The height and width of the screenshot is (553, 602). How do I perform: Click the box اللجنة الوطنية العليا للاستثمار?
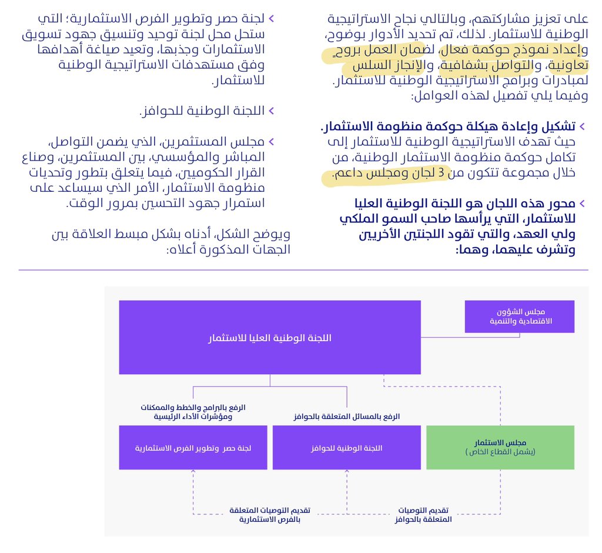[x=270, y=338]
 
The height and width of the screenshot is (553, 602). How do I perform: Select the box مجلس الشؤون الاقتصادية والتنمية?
[x=519, y=317]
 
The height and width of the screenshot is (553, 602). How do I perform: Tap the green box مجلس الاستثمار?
[x=500, y=447]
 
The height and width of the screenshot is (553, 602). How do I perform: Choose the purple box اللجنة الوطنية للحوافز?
[x=346, y=448]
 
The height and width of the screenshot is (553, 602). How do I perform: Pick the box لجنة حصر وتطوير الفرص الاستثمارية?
[x=193, y=448]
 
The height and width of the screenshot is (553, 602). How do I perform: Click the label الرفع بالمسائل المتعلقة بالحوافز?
[x=347, y=417]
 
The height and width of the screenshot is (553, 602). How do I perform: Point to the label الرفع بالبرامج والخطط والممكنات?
[x=193, y=408]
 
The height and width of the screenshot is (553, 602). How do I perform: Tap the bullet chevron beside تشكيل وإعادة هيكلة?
[x=582, y=126]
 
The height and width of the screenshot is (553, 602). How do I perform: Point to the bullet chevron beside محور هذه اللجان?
[x=582, y=204]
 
